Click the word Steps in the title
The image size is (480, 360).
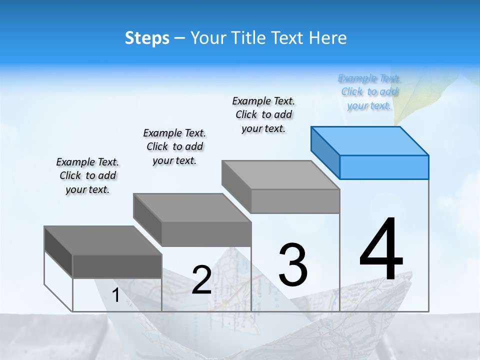(147, 38)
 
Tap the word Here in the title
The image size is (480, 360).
(327, 38)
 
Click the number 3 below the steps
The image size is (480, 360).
(293, 264)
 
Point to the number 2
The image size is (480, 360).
(201, 280)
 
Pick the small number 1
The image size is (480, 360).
(115, 295)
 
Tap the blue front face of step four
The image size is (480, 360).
(384, 167)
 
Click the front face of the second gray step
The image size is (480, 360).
(206, 234)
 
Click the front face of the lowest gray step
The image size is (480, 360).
(117, 266)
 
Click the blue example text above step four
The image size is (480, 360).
(369, 92)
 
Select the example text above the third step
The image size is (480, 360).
(264, 114)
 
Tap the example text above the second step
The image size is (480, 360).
(174, 146)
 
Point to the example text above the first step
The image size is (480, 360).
(87, 175)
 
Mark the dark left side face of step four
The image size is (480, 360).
(325, 153)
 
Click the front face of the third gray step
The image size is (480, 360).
(295, 201)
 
